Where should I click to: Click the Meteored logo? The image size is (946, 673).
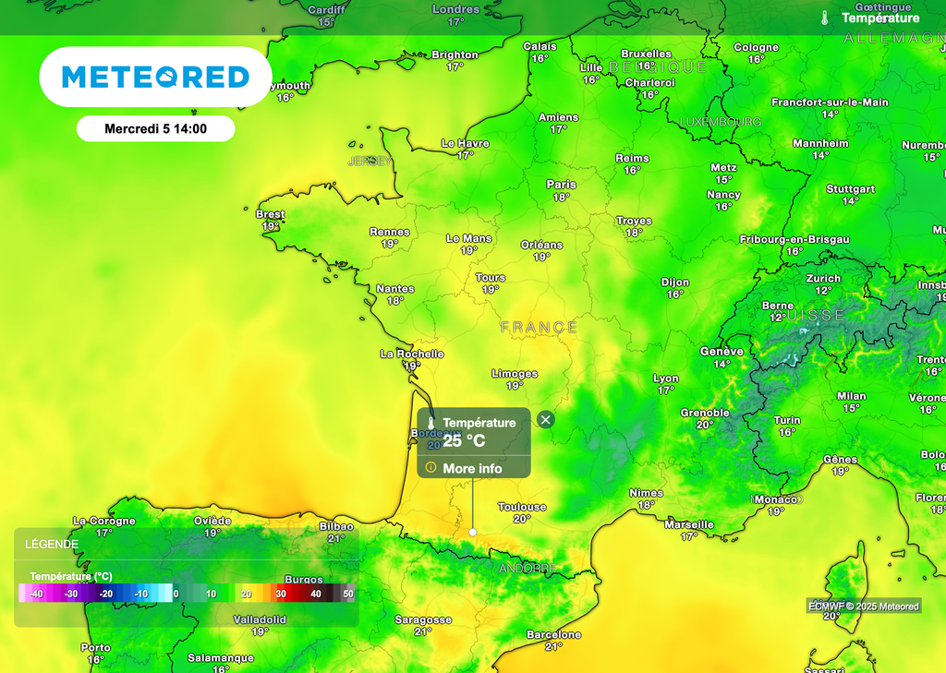click(x=155, y=77)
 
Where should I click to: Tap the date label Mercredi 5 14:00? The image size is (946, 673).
click(x=155, y=129)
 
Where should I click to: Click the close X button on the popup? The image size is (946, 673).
click(x=546, y=420)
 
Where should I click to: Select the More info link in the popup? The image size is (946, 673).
click(x=472, y=468)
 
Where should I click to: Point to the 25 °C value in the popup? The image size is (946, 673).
click(x=464, y=440)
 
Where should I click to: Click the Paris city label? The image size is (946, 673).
click(x=561, y=185)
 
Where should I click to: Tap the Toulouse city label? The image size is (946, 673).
click(x=522, y=507)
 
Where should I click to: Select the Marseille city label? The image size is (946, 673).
click(x=689, y=524)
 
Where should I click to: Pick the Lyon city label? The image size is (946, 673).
click(x=665, y=379)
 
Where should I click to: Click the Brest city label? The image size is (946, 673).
click(x=270, y=215)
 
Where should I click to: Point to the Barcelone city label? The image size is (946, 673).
click(x=553, y=635)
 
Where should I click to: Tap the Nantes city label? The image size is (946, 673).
click(x=395, y=289)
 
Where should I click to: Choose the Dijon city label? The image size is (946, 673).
click(x=675, y=282)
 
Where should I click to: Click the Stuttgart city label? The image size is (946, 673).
click(x=850, y=189)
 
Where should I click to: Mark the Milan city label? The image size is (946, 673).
click(x=851, y=396)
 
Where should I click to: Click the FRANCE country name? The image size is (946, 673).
click(x=540, y=327)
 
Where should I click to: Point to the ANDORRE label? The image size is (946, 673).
click(x=527, y=568)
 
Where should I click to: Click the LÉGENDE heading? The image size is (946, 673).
click(x=51, y=544)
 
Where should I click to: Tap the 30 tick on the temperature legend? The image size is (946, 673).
click(x=281, y=594)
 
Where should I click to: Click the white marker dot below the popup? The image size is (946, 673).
click(x=473, y=532)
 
